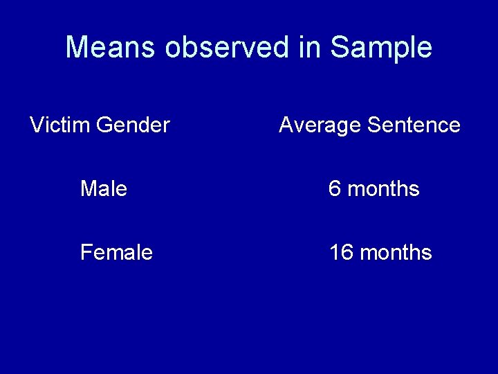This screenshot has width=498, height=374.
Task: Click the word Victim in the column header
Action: tap(60, 125)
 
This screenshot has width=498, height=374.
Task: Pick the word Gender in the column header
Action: tap(133, 125)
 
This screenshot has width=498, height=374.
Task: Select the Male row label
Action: tap(104, 189)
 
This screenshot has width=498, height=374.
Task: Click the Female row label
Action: tap(116, 253)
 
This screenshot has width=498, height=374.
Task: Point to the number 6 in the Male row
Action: tap(335, 189)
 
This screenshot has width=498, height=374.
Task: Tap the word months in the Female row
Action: tap(396, 253)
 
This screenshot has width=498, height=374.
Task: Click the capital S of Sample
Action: tap(339, 48)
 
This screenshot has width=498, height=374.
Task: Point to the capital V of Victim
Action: tap(37, 125)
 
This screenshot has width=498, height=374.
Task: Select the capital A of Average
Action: tap(286, 125)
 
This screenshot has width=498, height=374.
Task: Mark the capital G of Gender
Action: tap(105, 125)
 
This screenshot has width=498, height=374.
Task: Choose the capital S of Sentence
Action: tap(374, 125)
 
